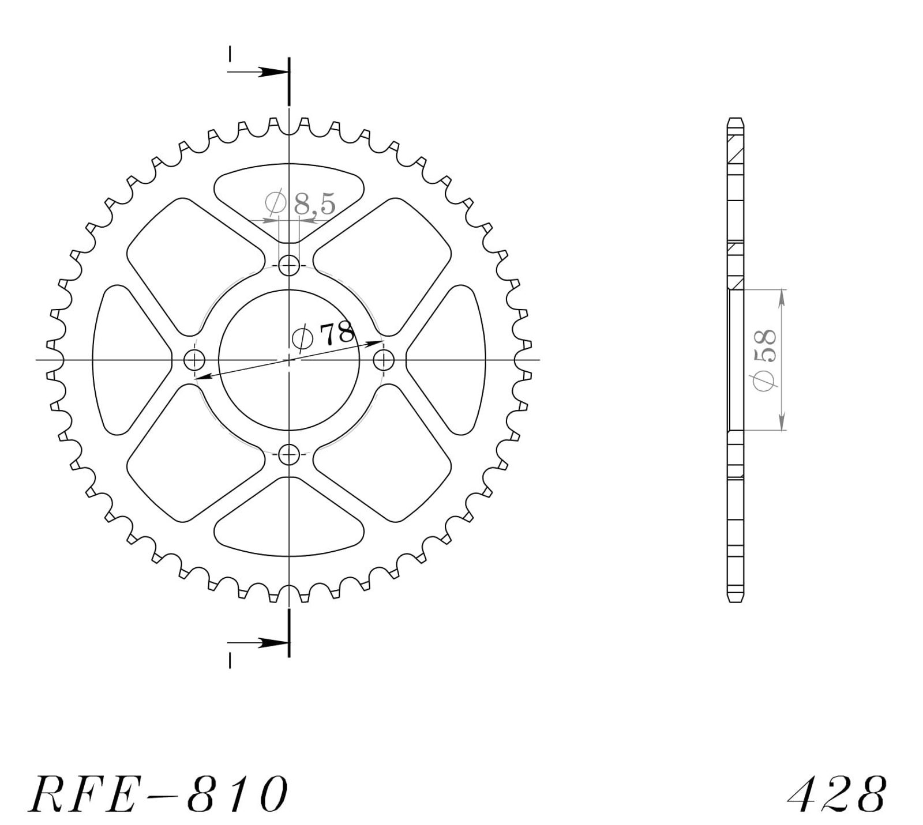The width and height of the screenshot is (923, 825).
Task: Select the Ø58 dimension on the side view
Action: [x=765, y=360]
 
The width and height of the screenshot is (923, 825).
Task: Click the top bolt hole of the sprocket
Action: [x=289, y=266]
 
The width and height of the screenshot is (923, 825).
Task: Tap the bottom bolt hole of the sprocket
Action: [x=289, y=455]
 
